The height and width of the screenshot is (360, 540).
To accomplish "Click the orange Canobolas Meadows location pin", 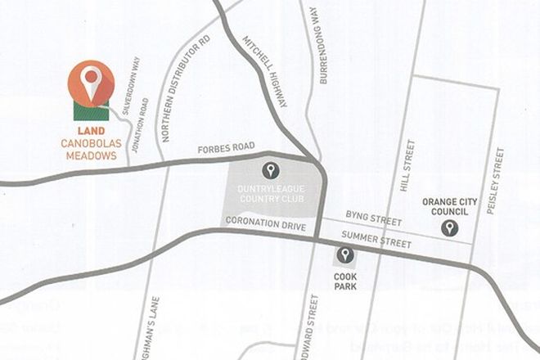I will tap(92, 79).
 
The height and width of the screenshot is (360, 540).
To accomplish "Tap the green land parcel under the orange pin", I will tap(89, 111).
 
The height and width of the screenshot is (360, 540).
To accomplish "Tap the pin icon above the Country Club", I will tap(271, 171).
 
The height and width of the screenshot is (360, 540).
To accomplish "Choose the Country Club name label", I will tap(270, 197).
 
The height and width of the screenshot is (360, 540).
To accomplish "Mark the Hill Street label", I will tap(403, 165).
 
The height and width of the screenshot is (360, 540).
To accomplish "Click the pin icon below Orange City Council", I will tap(448, 227).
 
